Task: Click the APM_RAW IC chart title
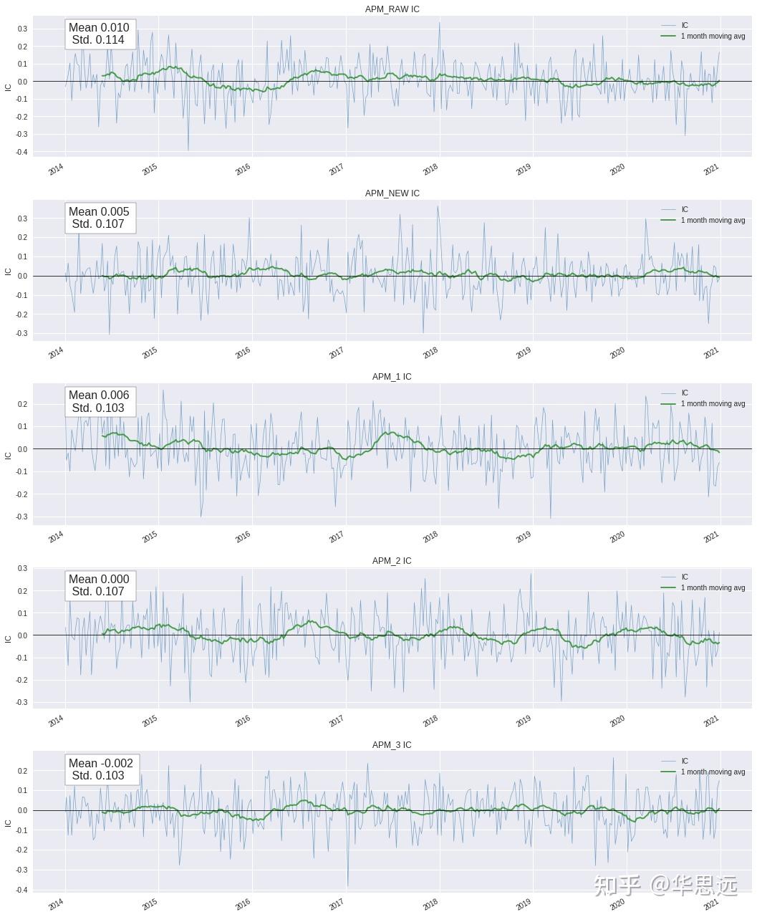tap(392, 9)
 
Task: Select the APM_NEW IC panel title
tap(392, 193)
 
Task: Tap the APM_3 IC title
tap(392, 745)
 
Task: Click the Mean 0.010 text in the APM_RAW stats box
tap(99, 27)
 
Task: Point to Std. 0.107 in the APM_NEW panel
tap(98, 224)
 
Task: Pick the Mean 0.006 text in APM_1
tap(99, 395)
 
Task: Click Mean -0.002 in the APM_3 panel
tap(100, 763)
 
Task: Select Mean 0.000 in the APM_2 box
tap(99, 580)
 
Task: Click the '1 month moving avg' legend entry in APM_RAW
tap(713, 36)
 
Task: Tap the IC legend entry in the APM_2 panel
tap(685, 577)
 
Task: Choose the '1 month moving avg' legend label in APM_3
tap(713, 772)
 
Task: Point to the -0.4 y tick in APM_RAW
tap(22, 152)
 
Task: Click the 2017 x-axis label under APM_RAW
tap(336, 169)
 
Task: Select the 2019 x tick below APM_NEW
tap(523, 352)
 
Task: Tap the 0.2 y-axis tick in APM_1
tap(23, 404)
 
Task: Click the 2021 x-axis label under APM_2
tap(711, 721)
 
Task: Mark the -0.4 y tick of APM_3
tap(22, 890)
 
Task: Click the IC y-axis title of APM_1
tap(8, 456)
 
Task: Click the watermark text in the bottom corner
tap(665, 885)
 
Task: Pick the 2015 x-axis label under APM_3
tap(149, 904)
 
